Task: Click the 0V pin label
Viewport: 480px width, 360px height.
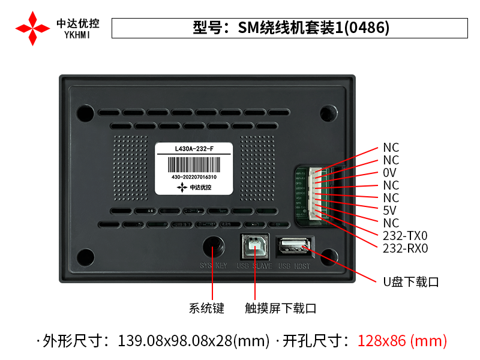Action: (x=389, y=173)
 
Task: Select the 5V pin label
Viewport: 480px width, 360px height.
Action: (x=389, y=211)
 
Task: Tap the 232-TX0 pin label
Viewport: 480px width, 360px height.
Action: (x=405, y=236)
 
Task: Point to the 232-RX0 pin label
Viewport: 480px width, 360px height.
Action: (x=405, y=248)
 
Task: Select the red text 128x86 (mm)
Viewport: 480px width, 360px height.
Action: (x=402, y=341)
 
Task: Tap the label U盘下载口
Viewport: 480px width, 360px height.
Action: (x=411, y=281)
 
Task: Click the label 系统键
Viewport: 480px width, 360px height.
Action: (x=206, y=308)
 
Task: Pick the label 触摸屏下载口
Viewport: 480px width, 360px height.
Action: (x=280, y=308)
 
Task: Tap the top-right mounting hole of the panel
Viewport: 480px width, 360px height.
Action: (x=328, y=112)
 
